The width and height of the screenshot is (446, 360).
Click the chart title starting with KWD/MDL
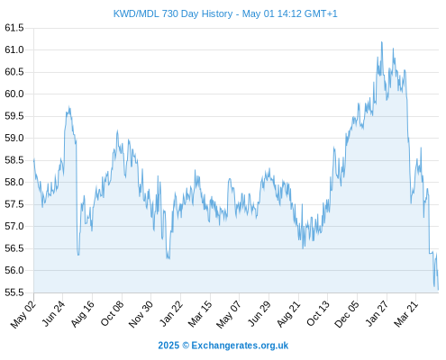[x=225, y=13]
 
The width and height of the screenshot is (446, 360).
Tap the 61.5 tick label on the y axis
[x=14, y=28]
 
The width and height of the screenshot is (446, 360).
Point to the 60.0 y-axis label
[x=14, y=94]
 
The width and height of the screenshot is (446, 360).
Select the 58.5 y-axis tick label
[x=14, y=160]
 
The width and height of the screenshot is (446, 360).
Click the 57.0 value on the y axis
[x=14, y=226]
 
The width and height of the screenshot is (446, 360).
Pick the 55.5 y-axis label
[x=14, y=292]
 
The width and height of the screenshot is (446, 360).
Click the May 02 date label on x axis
[x=23, y=314]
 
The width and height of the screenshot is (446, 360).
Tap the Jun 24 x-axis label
[x=52, y=314]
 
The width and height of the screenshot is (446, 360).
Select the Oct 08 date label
[x=112, y=314]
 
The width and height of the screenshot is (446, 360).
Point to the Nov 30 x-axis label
[x=141, y=314]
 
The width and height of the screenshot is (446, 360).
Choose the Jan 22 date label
[x=170, y=314]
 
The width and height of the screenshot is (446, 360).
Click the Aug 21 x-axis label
[x=288, y=314]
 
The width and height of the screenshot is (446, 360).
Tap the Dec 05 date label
[x=346, y=314]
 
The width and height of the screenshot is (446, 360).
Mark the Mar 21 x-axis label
[x=405, y=314]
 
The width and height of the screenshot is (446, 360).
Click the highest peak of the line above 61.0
[x=382, y=42]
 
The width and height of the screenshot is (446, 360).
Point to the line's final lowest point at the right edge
[x=438, y=290]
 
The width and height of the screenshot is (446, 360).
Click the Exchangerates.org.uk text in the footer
[x=240, y=346]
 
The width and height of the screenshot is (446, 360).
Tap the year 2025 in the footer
[x=168, y=346]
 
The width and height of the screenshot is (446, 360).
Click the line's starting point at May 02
[x=33, y=160]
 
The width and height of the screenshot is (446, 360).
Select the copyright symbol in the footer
[x=186, y=346]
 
